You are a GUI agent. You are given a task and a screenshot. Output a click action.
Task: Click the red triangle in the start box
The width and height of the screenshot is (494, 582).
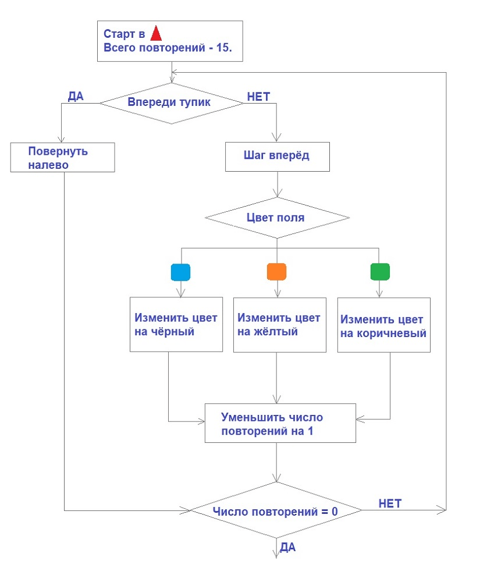pyautogui.click(x=155, y=33)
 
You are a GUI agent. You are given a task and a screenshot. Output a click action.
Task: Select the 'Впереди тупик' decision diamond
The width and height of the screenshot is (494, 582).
pyautogui.click(x=171, y=102)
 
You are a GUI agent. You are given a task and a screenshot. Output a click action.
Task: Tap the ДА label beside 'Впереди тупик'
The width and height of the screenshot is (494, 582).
pyautogui.click(x=76, y=97)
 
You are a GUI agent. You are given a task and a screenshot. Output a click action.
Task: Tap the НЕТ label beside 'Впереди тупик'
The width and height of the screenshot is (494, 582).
pyautogui.click(x=258, y=97)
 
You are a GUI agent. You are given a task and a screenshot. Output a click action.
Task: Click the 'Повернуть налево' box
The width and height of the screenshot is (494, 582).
pyautogui.click(x=62, y=158)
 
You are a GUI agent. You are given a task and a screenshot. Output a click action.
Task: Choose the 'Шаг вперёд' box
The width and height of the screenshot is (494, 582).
pyautogui.click(x=277, y=157)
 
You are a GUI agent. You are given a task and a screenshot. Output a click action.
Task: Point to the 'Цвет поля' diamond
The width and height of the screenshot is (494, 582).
pyautogui.click(x=277, y=218)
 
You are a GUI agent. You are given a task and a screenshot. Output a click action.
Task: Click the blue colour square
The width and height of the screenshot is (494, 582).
pyautogui.click(x=181, y=272)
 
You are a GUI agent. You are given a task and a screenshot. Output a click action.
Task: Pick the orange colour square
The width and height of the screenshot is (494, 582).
pyautogui.click(x=276, y=272)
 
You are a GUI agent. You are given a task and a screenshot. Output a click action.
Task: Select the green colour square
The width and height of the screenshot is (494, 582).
pyautogui.click(x=380, y=272)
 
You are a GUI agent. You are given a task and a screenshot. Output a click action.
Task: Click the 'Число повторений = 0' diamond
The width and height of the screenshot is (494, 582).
pyautogui.click(x=276, y=512)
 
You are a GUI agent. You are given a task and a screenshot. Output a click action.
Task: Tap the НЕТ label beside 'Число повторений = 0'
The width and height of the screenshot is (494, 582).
pyautogui.click(x=390, y=503)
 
